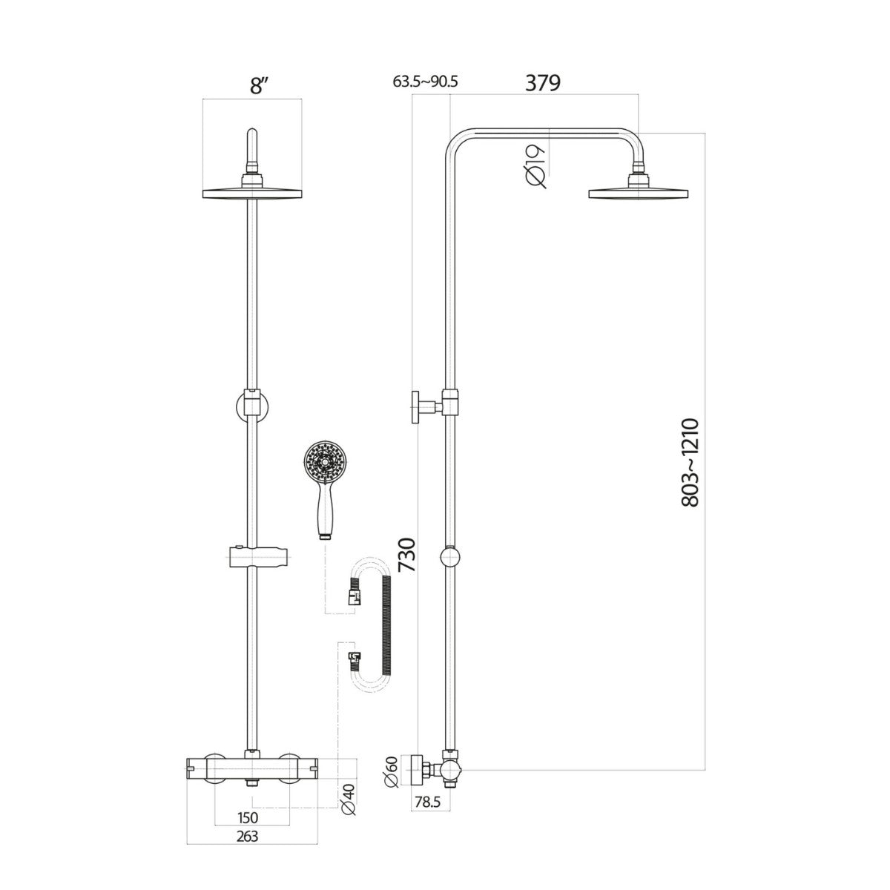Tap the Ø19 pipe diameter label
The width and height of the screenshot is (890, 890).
[x=538, y=164]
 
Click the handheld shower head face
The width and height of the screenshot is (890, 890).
[x=323, y=462]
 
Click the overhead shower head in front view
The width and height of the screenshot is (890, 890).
[x=253, y=193]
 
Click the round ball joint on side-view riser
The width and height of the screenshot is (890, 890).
[x=450, y=558]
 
